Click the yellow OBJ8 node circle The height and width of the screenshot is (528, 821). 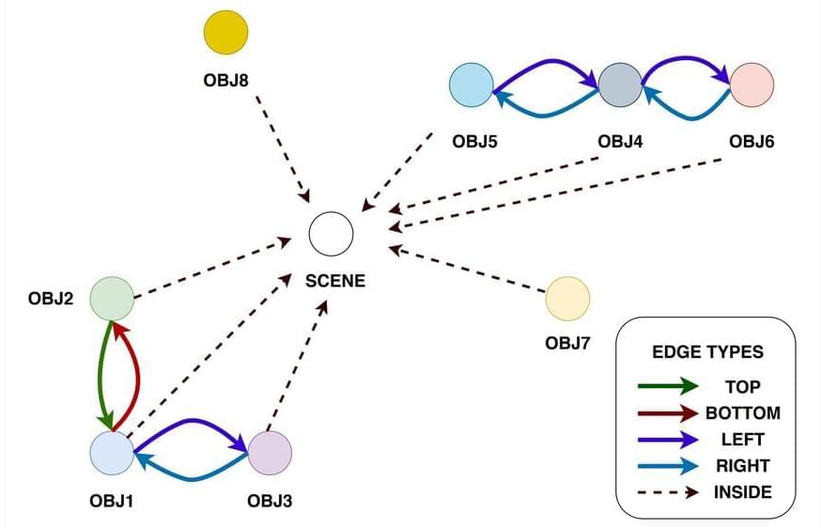226,33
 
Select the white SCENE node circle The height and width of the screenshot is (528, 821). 332,232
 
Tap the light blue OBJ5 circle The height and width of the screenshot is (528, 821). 472,85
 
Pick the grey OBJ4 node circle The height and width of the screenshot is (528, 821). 619,85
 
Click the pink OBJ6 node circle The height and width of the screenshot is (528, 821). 751,85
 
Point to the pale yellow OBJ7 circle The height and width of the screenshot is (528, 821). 567,299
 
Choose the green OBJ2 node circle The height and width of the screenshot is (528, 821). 112,299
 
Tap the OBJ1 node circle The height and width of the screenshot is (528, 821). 112,452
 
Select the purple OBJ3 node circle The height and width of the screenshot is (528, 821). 270,452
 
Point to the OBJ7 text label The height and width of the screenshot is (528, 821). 567,343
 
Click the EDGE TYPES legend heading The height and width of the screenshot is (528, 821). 707,353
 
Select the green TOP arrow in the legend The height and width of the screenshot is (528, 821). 666,385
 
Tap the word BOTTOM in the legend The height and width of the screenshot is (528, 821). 742,412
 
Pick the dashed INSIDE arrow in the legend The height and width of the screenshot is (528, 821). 666,491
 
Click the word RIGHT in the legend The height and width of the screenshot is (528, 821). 742,465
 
